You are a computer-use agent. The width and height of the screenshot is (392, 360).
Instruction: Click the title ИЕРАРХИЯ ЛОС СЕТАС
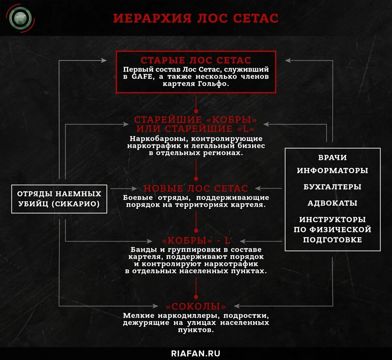[x=196, y=18]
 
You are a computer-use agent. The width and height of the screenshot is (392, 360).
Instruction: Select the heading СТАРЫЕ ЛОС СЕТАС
[x=196, y=60]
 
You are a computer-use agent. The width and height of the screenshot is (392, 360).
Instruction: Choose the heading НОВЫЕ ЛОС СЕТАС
[x=196, y=188]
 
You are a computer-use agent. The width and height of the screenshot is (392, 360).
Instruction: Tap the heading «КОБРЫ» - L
[x=196, y=241]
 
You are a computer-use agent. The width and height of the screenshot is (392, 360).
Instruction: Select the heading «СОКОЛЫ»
[x=196, y=306]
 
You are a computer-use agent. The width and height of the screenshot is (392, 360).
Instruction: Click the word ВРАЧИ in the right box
[x=333, y=157]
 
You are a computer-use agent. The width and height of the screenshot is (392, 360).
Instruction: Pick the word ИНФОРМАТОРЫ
[x=333, y=170]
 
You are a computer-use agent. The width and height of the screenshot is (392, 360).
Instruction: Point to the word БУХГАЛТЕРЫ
[x=333, y=187]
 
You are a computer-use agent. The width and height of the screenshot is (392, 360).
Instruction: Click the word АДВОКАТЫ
[x=333, y=203]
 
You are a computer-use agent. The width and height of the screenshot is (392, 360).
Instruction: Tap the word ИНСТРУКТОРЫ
[x=333, y=219]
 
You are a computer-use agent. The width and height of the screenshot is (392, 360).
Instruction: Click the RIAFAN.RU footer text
[x=196, y=353]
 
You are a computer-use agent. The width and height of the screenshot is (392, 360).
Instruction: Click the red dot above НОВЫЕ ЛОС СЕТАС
[x=196, y=179]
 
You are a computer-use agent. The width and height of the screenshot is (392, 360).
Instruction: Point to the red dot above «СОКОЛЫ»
[x=196, y=297]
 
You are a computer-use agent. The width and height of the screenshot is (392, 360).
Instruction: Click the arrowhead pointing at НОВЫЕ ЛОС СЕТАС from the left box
[x=134, y=188]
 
